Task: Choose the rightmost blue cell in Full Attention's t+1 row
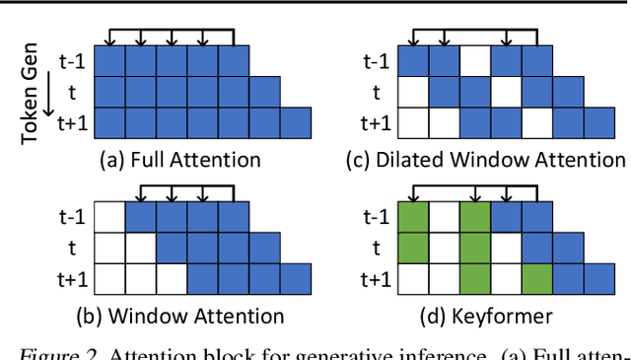tap(295, 122)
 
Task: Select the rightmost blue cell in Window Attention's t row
tap(264, 248)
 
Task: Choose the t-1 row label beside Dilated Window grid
tap(376, 61)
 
